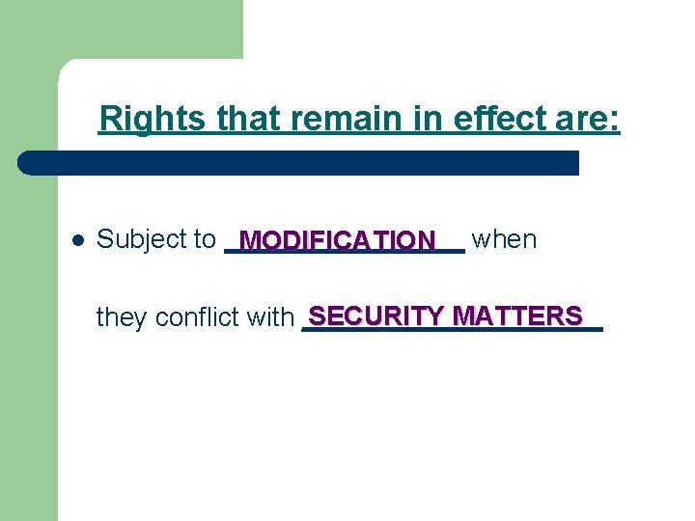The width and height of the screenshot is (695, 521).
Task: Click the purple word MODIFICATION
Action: [338, 239]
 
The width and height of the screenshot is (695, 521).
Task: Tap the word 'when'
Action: [504, 239]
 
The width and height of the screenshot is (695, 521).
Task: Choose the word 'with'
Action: [270, 316]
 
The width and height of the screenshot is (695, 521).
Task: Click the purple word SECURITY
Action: [376, 315]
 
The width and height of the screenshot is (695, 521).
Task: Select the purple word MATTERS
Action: [517, 315]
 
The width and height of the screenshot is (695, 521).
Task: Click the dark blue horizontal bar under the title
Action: [309, 162]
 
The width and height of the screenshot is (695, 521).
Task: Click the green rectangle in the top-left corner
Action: [121, 29]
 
